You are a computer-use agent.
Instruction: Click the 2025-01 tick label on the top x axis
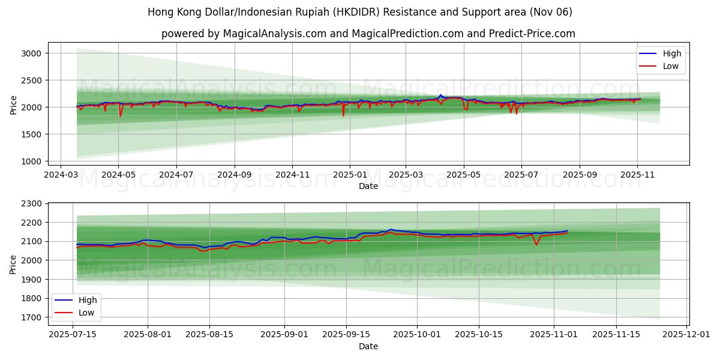349,175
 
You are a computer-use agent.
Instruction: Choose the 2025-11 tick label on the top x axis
637,175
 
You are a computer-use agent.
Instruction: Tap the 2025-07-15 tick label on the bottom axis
73,334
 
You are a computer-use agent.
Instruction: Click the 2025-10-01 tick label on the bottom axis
418,334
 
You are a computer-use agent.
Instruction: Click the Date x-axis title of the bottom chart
368,346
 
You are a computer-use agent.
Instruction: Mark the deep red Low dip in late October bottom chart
536,244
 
